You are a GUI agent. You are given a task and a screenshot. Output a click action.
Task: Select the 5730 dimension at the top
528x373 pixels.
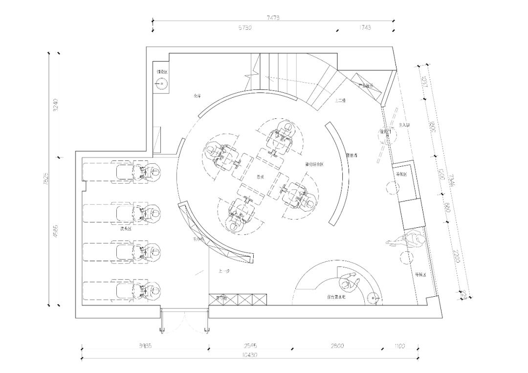(x=244, y=28)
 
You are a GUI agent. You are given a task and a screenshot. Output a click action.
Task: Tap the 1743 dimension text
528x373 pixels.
(x=362, y=28)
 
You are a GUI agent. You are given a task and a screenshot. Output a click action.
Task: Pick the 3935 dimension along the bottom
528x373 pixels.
(x=145, y=346)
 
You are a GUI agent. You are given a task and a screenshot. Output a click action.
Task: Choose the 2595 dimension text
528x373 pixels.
(x=250, y=346)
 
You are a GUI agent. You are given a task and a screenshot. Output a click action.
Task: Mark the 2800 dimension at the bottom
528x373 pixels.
(x=336, y=346)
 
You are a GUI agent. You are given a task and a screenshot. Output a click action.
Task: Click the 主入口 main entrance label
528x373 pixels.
(x=404, y=126)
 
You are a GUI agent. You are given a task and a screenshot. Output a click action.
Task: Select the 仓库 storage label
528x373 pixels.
(x=197, y=96)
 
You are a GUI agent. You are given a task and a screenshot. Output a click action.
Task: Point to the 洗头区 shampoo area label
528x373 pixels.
(x=126, y=229)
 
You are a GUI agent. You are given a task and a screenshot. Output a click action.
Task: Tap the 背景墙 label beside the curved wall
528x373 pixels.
(x=352, y=155)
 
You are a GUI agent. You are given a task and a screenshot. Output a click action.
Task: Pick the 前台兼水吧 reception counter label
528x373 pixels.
(x=337, y=297)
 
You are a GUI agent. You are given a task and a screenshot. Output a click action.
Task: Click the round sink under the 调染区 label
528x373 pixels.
(x=162, y=84)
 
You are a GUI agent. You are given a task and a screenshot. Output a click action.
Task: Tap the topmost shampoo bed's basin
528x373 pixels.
(x=154, y=172)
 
